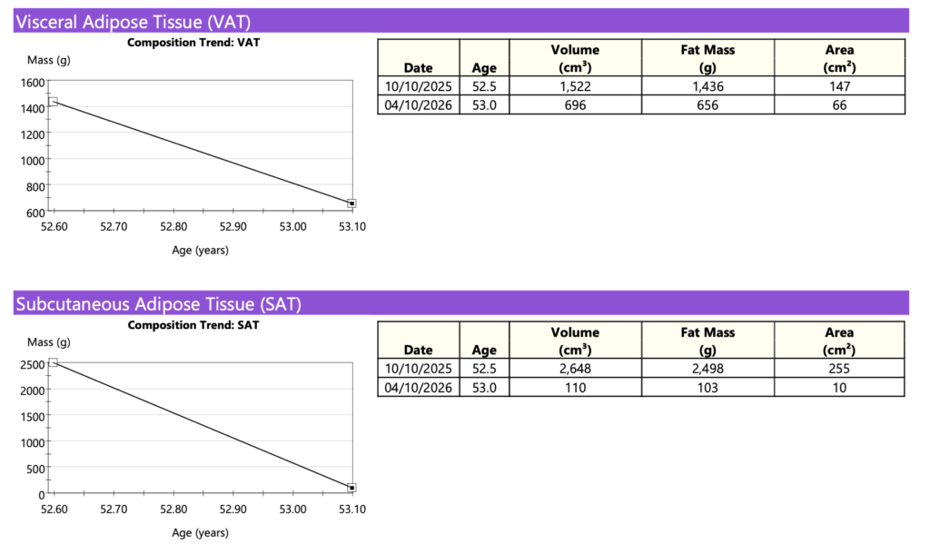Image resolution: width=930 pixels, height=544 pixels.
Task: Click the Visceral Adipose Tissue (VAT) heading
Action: point(134,22)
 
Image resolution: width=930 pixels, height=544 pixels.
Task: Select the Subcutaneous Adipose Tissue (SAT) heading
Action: point(158,304)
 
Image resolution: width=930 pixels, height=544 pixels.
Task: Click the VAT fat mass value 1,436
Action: point(707,86)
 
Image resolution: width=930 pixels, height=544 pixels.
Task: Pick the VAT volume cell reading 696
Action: point(575,105)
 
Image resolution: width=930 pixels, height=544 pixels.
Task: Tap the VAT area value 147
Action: point(839,86)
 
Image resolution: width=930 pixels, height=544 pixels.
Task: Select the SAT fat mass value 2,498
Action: point(707,369)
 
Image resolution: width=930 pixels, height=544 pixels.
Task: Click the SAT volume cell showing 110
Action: point(575,388)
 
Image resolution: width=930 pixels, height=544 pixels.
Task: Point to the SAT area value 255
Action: point(839,369)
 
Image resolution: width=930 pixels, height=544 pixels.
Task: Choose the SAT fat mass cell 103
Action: point(707,388)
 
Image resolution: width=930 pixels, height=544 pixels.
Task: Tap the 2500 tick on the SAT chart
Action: point(31,365)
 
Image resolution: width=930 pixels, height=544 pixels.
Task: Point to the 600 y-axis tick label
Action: point(34,213)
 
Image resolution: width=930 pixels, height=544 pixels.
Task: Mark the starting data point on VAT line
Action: point(54,102)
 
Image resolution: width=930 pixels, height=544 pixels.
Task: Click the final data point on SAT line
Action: point(351,488)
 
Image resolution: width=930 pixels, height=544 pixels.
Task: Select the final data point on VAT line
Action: point(351,203)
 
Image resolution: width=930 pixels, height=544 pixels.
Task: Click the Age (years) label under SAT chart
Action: point(200,533)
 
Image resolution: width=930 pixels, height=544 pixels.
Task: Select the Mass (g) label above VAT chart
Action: point(49,60)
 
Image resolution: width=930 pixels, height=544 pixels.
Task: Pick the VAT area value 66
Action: point(839,105)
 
